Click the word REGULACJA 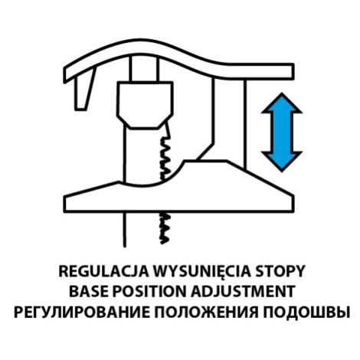coord(103,271)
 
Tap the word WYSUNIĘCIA coord(201,272)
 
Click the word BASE coord(89,291)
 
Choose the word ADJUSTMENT coord(244,291)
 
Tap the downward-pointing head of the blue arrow coord(282,162)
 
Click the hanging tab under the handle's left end coord(83,94)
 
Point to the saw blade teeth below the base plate coord(165,228)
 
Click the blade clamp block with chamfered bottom coord(145,105)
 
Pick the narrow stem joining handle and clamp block coord(144,68)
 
